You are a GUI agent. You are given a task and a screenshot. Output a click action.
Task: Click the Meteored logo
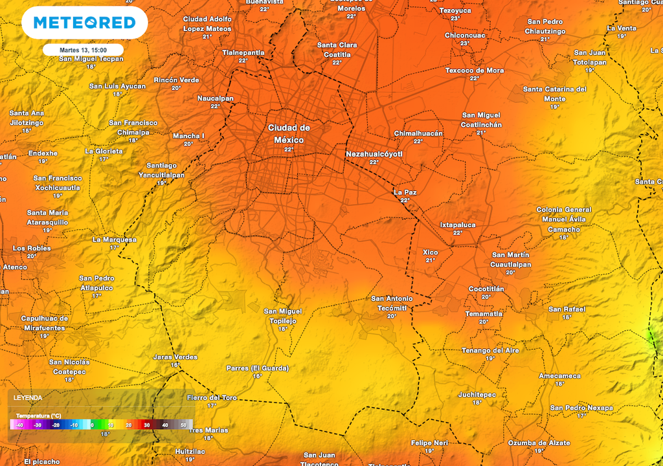84,23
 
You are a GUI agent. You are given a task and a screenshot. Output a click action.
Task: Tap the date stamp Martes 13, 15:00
83,49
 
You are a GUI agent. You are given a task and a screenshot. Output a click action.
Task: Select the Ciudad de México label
289,134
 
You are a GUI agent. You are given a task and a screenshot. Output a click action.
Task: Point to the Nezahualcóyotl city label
374,154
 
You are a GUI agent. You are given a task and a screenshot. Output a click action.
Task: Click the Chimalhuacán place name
418,133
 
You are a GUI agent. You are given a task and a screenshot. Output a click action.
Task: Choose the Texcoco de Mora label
475,71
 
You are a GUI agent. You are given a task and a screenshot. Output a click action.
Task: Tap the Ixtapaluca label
458,225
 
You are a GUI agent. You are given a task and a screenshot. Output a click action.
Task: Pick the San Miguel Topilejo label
283,316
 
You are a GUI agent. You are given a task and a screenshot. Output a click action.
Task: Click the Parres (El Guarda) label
258,368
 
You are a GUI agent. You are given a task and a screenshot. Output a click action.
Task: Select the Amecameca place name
560,376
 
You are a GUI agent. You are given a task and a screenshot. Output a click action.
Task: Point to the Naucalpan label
216,98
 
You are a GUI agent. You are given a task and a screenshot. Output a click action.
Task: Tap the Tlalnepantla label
243,52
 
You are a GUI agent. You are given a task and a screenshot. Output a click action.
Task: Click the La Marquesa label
115,239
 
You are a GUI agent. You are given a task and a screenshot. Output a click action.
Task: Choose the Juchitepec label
477,394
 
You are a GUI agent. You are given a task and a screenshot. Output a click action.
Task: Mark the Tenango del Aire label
490,350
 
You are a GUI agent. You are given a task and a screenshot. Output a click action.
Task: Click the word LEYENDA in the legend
28,397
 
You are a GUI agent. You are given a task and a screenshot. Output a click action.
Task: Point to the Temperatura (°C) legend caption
39,416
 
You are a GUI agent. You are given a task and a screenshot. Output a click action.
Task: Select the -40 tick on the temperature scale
19,425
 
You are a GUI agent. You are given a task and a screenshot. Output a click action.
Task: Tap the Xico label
431,252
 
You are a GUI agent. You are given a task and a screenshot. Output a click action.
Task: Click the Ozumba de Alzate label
539,443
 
